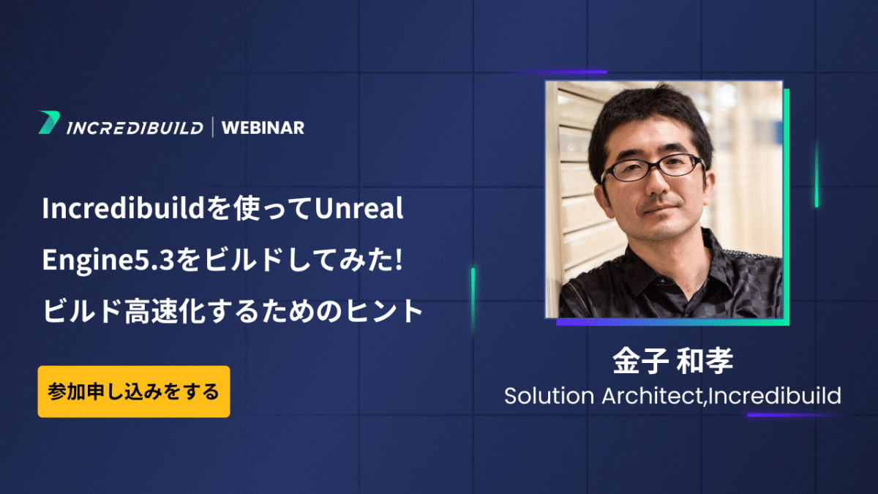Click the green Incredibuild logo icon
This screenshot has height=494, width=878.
49,122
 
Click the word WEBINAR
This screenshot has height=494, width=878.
263,128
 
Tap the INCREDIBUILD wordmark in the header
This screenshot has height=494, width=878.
135,128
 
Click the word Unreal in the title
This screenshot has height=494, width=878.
359,208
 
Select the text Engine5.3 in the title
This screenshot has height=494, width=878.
108,260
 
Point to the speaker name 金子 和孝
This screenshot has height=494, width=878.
672,361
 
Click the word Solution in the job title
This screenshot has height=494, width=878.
549,396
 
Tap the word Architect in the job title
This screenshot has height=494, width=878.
653,396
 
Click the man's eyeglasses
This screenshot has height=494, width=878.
652,168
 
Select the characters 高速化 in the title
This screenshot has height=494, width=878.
165,311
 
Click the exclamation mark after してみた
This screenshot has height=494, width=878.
399,259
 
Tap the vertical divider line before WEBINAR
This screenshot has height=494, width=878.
213,127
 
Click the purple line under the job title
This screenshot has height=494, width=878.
794,415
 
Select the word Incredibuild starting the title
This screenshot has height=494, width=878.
124,208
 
